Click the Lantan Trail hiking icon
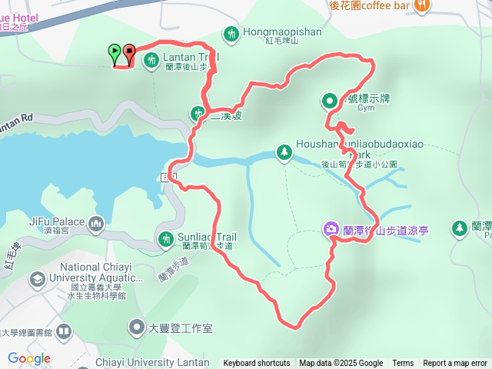[152, 58]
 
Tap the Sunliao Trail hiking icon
[165, 240]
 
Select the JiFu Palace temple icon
[96, 224]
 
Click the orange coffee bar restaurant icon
[421, 5]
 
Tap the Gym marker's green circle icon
[329, 99]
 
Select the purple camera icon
[330, 229]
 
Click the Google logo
[28, 358]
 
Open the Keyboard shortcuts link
[257, 364]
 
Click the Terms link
[403, 364]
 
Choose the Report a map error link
[455, 364]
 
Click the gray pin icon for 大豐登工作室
[136, 328]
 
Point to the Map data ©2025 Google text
[341, 364]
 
